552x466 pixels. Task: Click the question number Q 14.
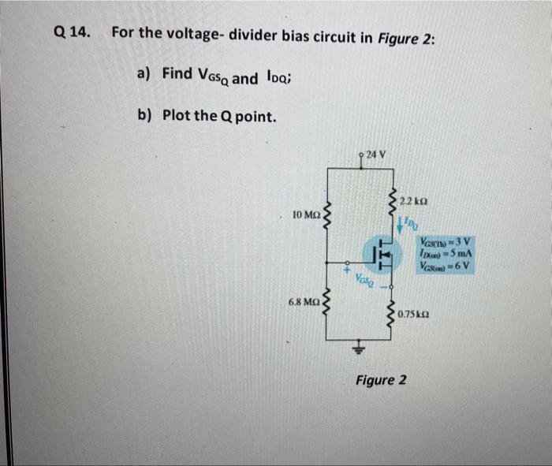point(73,32)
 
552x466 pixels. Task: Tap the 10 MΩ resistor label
point(305,214)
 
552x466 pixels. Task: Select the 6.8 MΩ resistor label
point(304,303)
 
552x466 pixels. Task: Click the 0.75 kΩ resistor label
point(416,315)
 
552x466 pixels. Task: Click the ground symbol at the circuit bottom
point(361,345)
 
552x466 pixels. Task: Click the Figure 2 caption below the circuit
point(381,380)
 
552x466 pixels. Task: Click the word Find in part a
point(177,74)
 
